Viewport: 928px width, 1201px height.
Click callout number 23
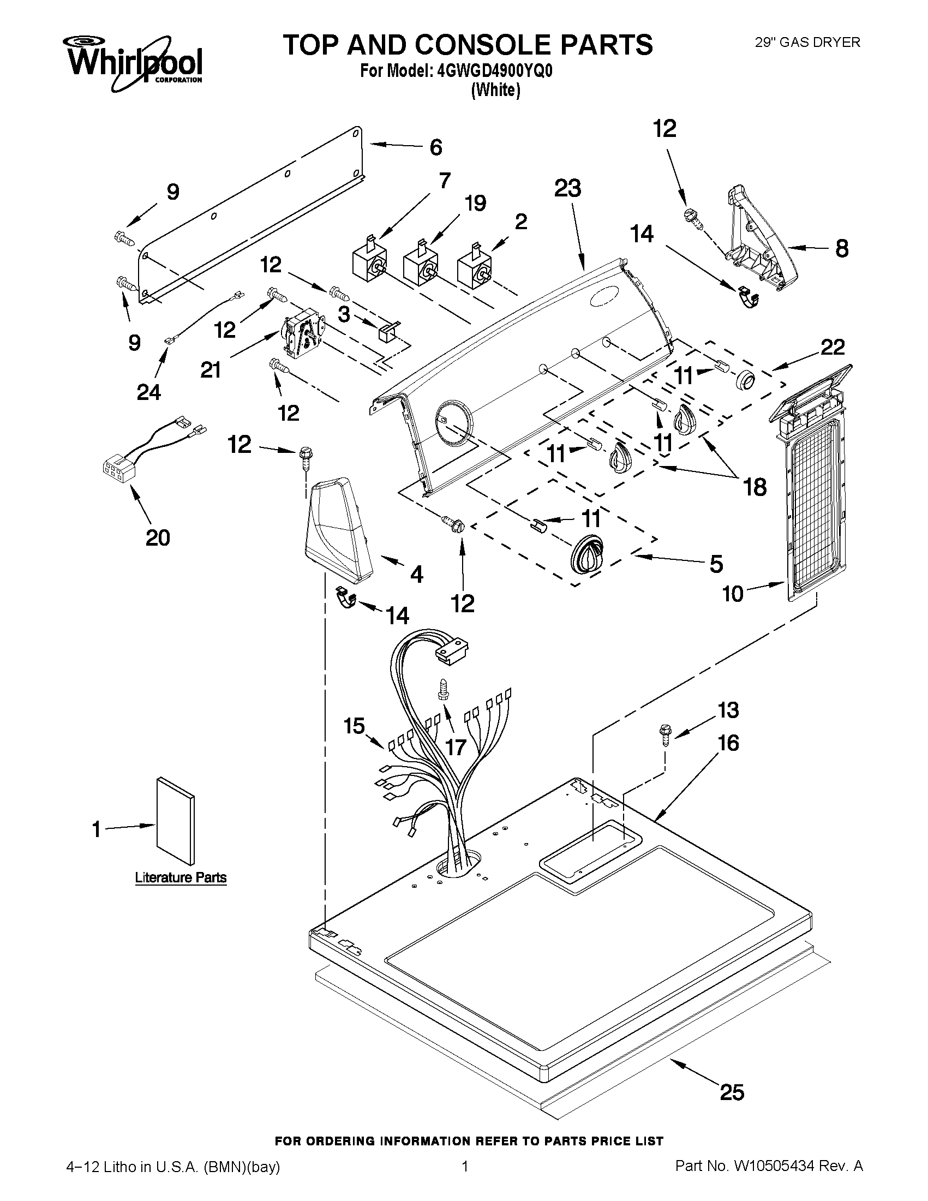(567, 189)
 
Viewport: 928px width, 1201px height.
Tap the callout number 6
(435, 147)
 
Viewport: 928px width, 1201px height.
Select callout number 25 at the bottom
(732, 1091)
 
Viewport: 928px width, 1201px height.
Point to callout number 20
(157, 537)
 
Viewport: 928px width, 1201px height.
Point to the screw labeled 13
(664, 734)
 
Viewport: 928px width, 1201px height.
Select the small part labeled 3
(387, 331)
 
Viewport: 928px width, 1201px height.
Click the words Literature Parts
(181, 877)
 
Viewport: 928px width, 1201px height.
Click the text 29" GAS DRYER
(807, 43)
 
